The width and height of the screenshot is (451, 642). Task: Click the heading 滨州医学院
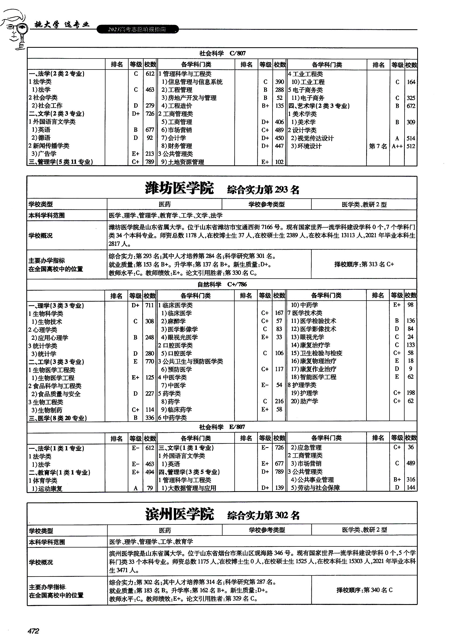(x=180, y=514)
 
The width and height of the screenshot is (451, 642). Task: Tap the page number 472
(x=33, y=631)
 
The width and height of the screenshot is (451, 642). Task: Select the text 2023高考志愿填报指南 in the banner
(x=137, y=29)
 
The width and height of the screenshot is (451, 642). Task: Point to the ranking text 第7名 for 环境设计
(x=378, y=146)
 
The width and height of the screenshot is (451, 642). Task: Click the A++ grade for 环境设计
(x=397, y=146)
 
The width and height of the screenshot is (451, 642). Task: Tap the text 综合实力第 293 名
(x=263, y=190)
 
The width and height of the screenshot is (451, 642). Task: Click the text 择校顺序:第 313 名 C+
(x=364, y=264)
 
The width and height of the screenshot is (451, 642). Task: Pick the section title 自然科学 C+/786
(x=222, y=284)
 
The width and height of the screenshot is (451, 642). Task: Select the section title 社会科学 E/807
(x=222, y=427)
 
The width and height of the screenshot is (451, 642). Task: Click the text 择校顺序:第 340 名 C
(x=364, y=590)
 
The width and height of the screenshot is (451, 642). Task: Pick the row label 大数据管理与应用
(x=189, y=488)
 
